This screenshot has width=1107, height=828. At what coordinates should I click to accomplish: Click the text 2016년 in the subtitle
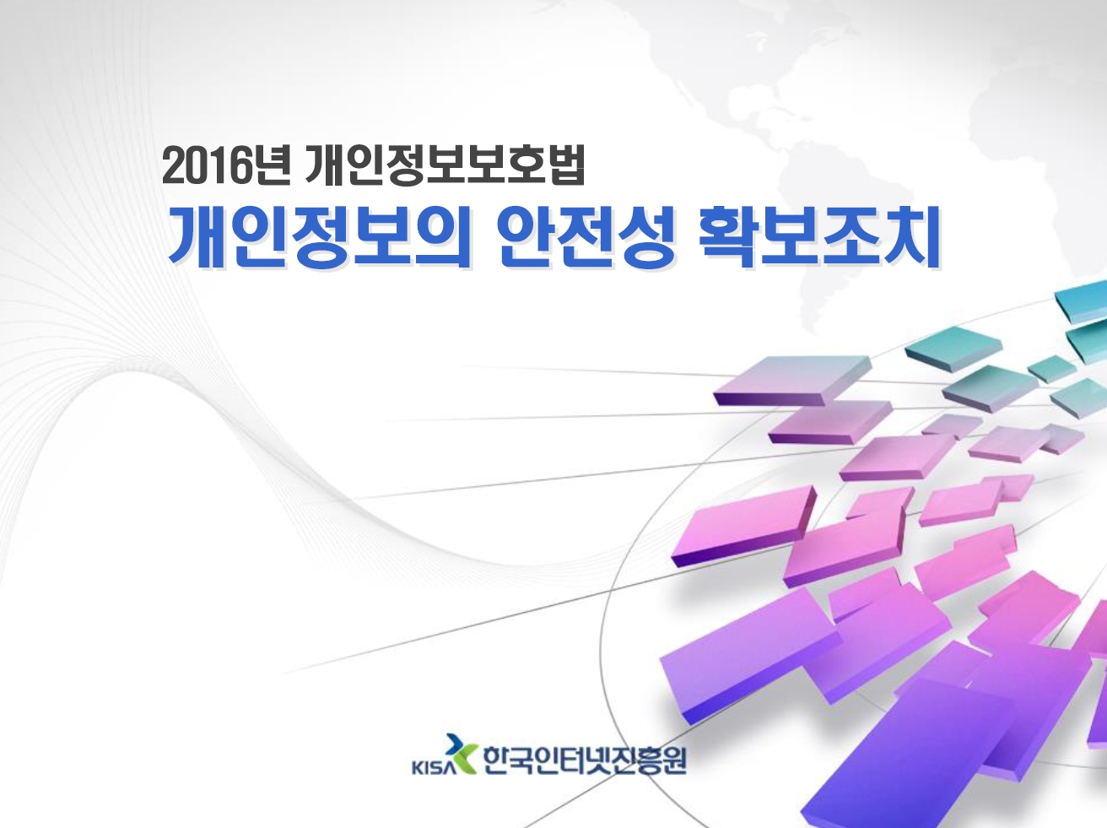[225, 165]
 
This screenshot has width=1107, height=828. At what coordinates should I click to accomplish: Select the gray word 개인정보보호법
[445, 165]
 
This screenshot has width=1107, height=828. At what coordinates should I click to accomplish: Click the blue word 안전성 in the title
[586, 236]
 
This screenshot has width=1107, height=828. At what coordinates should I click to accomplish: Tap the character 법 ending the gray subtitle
[565, 165]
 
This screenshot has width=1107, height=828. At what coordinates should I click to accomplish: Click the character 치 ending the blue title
[912, 236]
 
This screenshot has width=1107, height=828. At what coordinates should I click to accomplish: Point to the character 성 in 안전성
[645, 236]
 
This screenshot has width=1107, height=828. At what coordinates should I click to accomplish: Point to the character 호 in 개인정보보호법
[526, 165]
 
